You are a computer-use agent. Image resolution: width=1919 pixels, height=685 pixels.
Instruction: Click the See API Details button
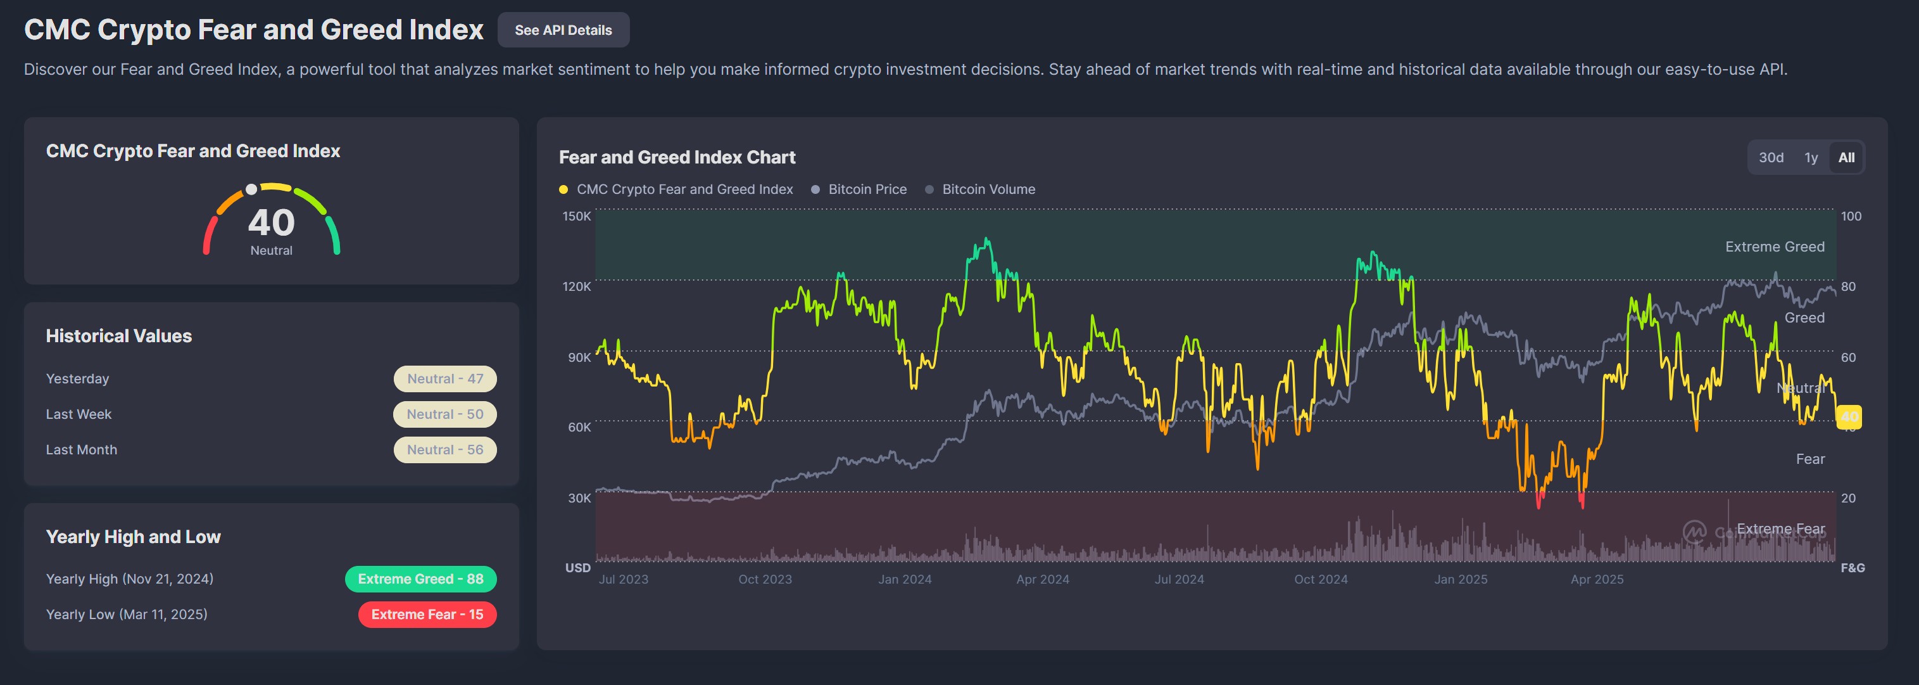563,30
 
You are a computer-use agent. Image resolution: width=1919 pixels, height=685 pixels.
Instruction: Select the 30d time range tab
1771,157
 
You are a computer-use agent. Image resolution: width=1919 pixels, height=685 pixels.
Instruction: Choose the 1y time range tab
1811,157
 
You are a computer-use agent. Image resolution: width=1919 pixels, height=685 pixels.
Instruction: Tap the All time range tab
1846,157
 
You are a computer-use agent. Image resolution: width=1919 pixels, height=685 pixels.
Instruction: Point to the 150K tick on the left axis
577,216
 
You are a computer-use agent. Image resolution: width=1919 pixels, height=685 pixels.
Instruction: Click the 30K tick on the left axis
579,498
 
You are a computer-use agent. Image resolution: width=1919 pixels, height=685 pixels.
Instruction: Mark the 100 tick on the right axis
1851,216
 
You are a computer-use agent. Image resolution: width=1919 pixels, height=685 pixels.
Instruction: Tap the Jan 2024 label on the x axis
904,579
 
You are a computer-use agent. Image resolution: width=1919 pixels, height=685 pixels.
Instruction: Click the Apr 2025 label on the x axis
1597,579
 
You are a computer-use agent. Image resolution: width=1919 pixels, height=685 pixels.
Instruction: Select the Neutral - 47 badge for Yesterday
444,379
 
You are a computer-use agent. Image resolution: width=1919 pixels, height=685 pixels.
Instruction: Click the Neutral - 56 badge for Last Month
444,449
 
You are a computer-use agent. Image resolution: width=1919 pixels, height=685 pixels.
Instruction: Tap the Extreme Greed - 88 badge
420,579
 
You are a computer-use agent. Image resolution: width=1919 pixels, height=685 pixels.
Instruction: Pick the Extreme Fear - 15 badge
427,614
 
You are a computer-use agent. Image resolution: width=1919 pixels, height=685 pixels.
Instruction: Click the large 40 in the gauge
271,223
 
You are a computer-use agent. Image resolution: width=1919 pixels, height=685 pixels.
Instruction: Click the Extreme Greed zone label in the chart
1775,246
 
